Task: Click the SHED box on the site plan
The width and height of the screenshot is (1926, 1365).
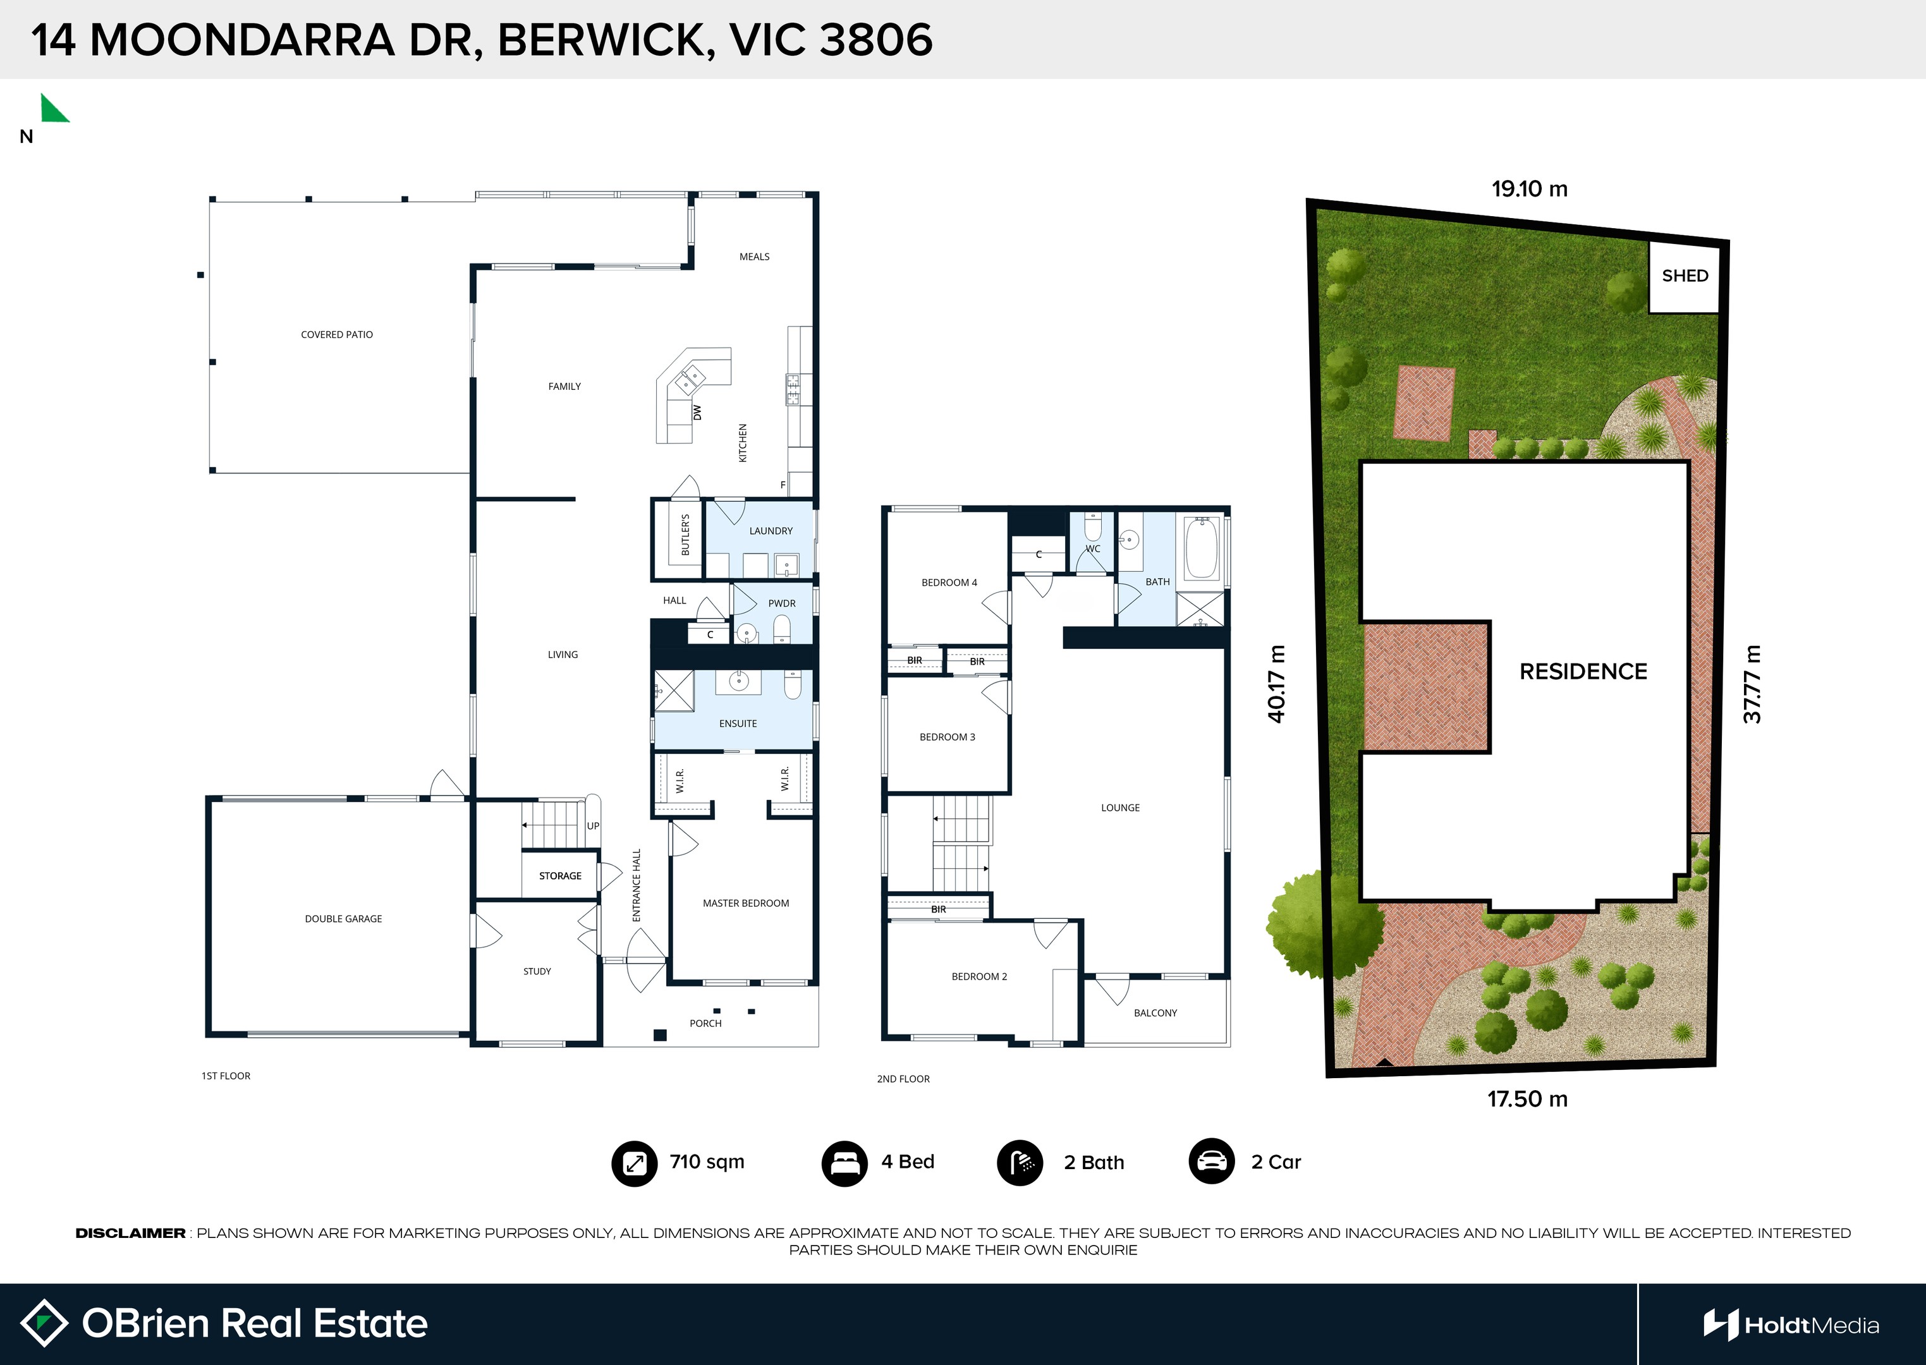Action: click(1684, 277)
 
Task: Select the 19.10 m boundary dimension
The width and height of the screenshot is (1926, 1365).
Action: click(1529, 189)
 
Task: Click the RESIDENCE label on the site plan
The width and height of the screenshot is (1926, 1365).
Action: click(1583, 672)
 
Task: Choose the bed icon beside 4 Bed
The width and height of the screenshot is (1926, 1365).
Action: click(844, 1163)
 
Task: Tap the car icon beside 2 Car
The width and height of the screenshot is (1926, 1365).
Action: click(1212, 1162)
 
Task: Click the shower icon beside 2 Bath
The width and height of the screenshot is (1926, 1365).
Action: click(1020, 1163)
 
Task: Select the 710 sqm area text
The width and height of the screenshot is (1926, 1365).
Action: click(707, 1162)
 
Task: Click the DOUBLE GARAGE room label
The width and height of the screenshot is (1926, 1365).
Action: click(343, 919)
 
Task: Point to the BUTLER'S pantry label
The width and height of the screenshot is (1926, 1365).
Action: click(685, 535)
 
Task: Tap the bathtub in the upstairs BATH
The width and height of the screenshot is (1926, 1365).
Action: click(1202, 548)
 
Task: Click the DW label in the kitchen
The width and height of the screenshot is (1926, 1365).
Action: click(697, 413)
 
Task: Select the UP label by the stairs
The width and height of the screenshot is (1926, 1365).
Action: click(593, 826)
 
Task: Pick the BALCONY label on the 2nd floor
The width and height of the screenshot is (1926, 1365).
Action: click(1155, 1013)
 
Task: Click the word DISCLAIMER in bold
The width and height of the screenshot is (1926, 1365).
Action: click(130, 1233)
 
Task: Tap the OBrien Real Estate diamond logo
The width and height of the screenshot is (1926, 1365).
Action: click(44, 1323)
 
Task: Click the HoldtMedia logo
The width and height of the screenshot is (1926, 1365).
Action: click(1791, 1325)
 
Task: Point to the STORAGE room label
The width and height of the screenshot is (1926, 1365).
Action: click(560, 876)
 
